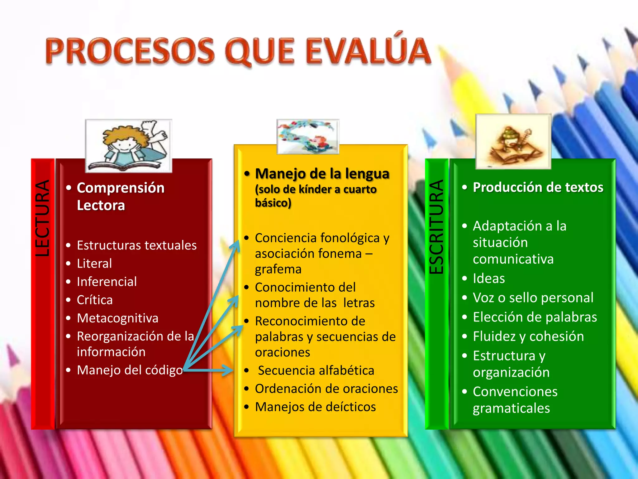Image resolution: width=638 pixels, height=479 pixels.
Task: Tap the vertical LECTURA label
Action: [x=42, y=218]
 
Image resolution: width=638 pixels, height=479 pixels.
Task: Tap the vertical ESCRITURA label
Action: [x=436, y=227]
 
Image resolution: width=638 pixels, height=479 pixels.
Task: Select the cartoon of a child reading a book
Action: [x=128, y=146]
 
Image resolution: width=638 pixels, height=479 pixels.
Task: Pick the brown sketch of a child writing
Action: [x=513, y=142]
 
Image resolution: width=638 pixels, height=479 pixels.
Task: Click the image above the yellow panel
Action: [x=308, y=137]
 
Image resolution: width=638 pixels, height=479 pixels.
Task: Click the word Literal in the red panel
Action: [x=94, y=264]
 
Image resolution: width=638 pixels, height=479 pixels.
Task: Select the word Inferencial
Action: [x=107, y=282]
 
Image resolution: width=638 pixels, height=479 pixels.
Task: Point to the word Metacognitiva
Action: [x=118, y=318]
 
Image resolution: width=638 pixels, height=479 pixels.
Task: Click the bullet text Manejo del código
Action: [x=130, y=370]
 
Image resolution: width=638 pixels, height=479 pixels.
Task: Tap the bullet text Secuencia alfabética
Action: [x=316, y=370]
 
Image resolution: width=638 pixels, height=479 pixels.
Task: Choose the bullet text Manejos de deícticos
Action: [x=315, y=407]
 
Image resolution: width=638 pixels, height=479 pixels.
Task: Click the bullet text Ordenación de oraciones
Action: [x=326, y=389]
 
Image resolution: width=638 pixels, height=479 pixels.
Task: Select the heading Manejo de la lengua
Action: [x=322, y=174]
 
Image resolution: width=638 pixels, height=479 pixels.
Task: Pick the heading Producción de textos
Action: [x=538, y=187]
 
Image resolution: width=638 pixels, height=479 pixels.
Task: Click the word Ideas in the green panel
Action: [x=489, y=278]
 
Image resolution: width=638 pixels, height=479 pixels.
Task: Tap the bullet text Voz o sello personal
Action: [x=533, y=298]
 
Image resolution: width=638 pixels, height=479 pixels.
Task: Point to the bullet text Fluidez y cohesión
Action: [x=528, y=336]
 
